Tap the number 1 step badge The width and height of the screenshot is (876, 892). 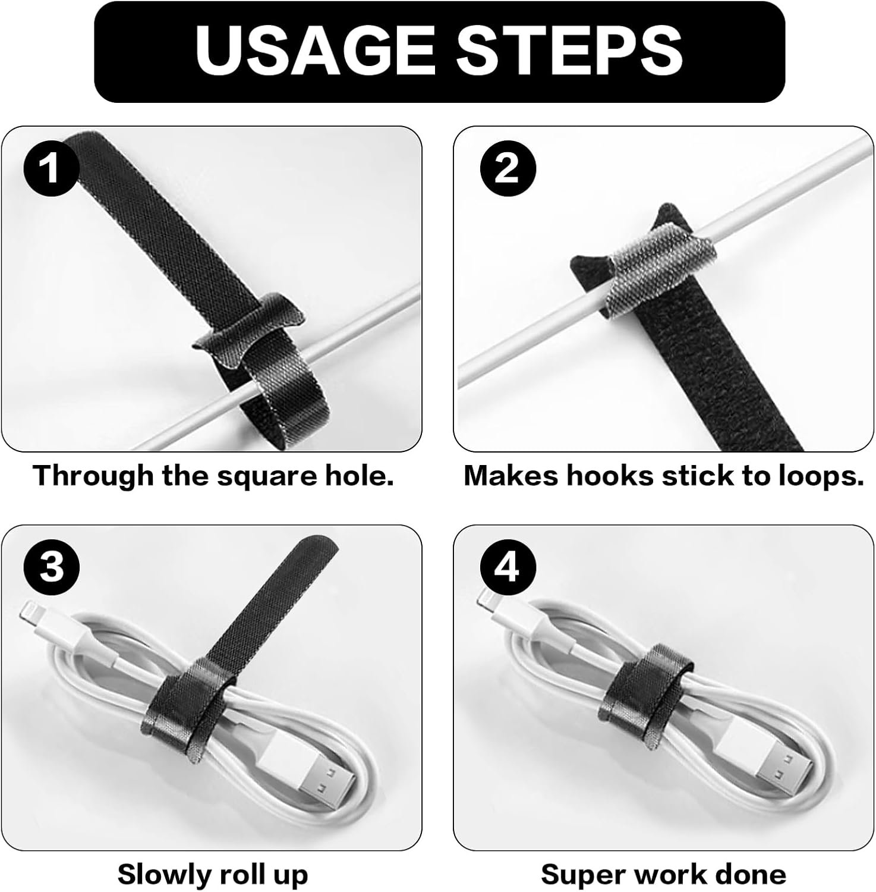51,168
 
